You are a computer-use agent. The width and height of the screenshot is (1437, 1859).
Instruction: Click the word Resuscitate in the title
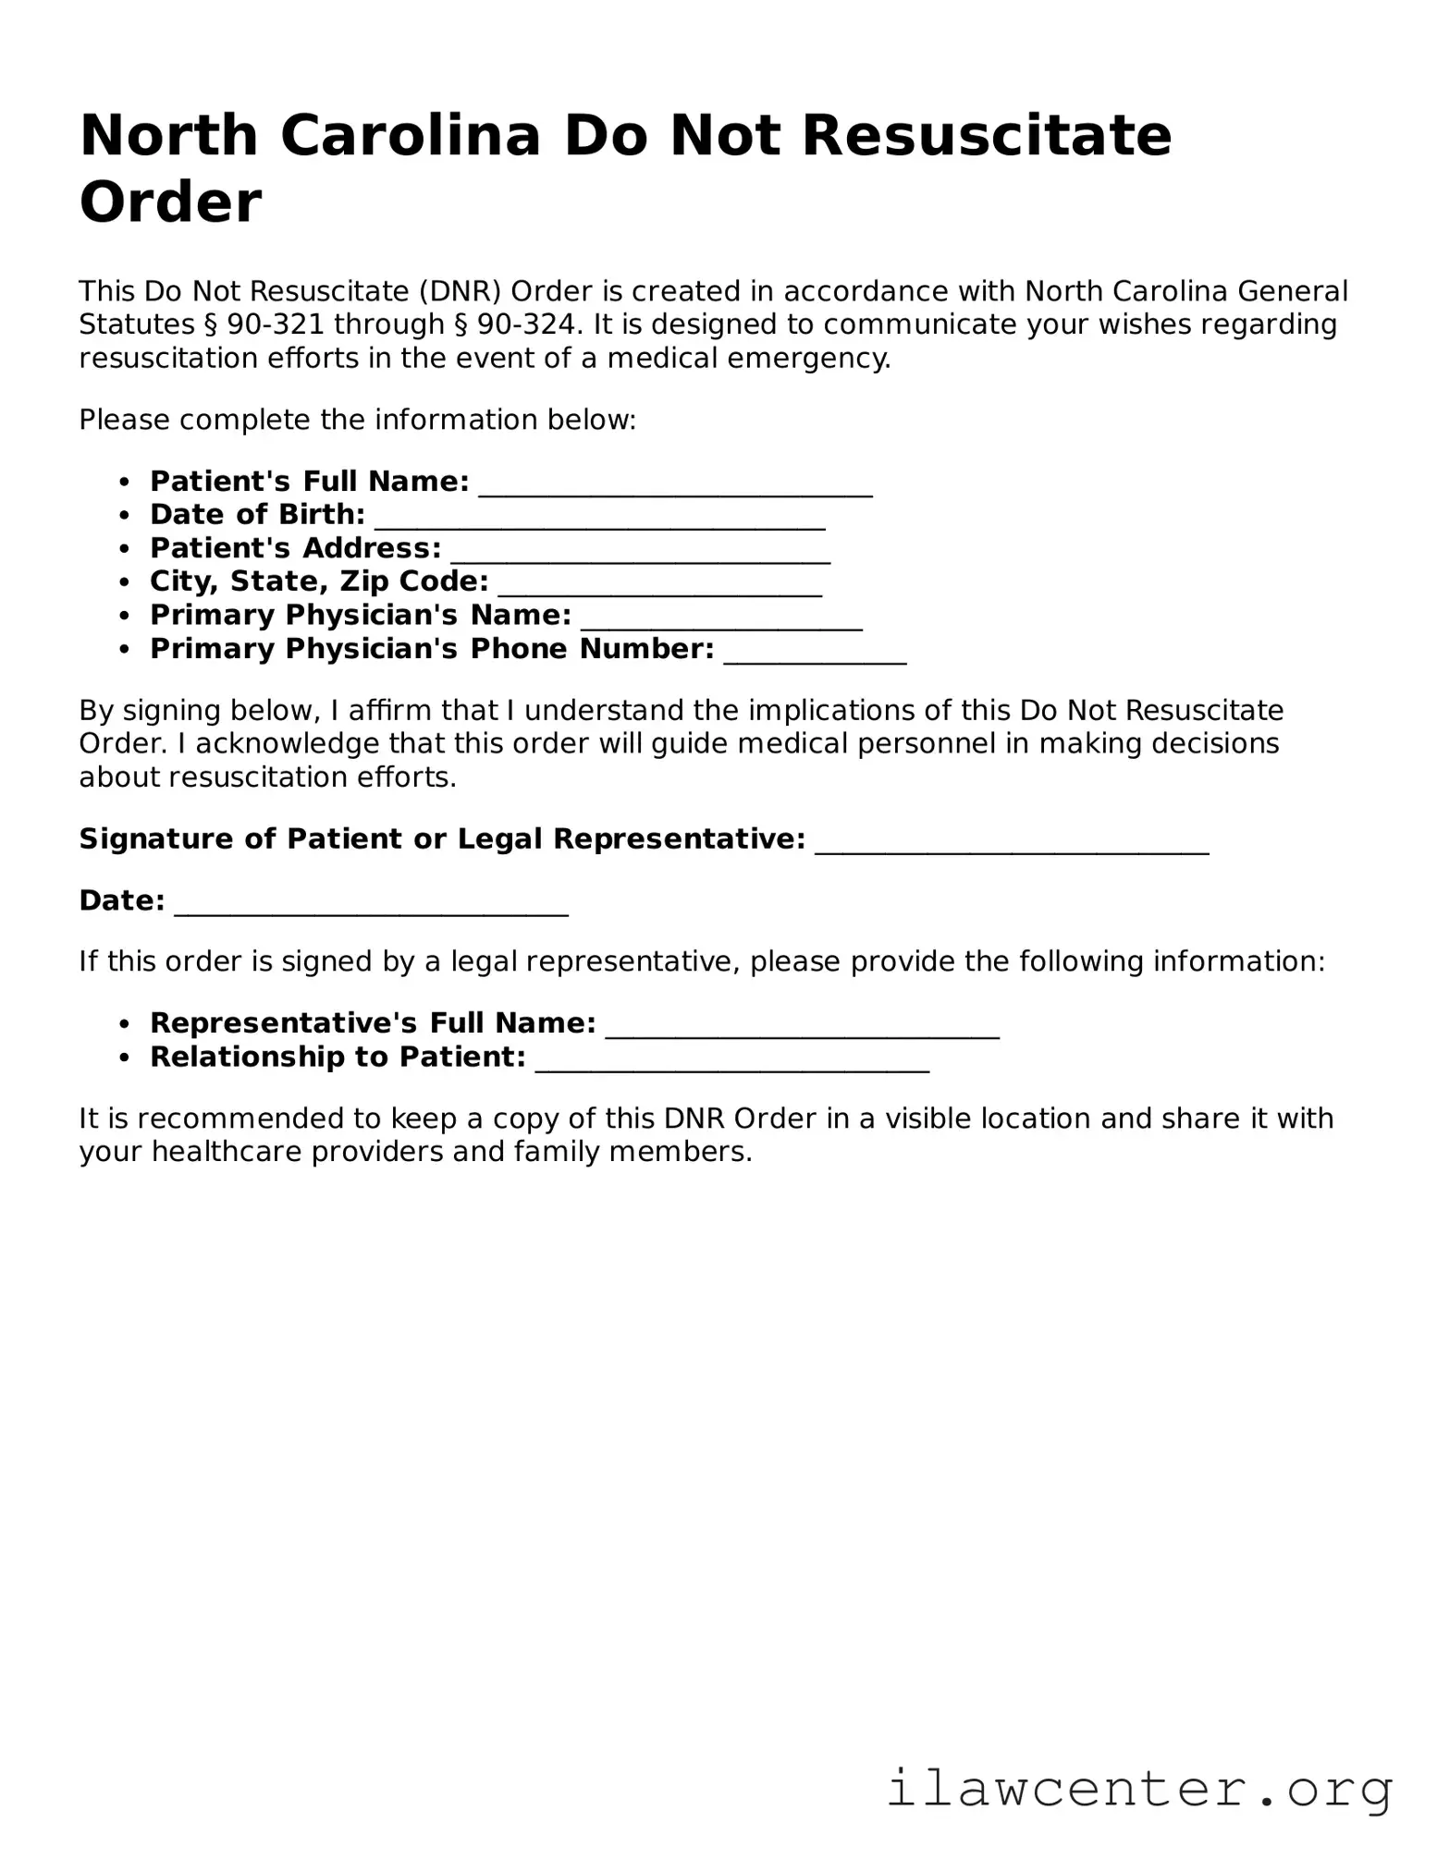pyautogui.click(x=987, y=136)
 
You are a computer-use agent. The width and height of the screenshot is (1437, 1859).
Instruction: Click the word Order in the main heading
pyautogui.click(x=170, y=202)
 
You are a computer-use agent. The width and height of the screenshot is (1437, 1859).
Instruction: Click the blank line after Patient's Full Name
pyautogui.click(x=675, y=488)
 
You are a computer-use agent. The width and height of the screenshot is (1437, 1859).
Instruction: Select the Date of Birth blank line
pyautogui.click(x=599, y=521)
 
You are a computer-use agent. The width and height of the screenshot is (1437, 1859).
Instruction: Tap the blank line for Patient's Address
pyautogui.click(x=640, y=555)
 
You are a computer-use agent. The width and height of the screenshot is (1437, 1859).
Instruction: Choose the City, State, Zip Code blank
pyautogui.click(x=659, y=588)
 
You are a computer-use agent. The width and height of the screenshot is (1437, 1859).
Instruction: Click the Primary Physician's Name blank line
pyautogui.click(x=721, y=621)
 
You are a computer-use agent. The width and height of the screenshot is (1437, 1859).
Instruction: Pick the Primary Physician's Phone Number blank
pyautogui.click(x=815, y=655)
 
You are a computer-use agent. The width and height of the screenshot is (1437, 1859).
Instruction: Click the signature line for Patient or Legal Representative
pyautogui.click(x=1012, y=845)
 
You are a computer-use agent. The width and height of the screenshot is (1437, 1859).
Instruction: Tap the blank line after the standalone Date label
pyautogui.click(x=371, y=907)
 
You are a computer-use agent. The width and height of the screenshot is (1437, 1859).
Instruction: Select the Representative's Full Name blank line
pyautogui.click(x=802, y=1030)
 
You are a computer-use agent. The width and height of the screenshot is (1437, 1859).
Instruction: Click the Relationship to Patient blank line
pyautogui.click(x=732, y=1063)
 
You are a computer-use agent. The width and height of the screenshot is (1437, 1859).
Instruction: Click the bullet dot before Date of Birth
pyautogui.click(x=125, y=515)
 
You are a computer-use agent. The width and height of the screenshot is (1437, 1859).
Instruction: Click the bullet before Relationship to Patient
pyautogui.click(x=125, y=1058)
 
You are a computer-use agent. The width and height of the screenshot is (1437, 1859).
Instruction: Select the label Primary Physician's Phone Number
pyautogui.click(x=432, y=649)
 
